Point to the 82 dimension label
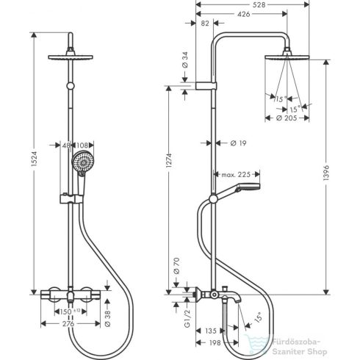[x=206, y=24]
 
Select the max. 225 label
[x=234, y=174]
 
